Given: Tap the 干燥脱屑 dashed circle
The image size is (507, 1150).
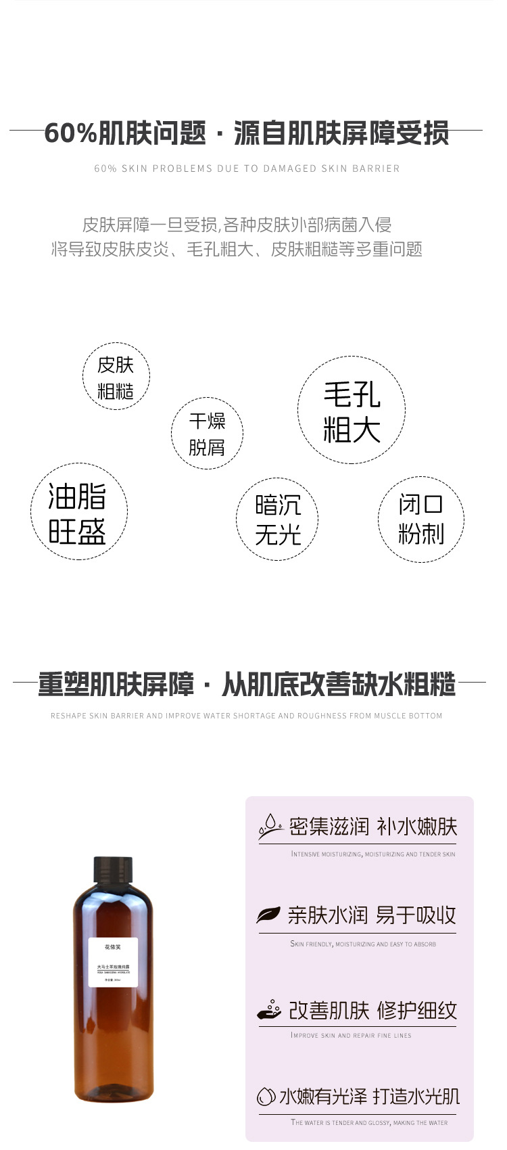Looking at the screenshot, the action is click(x=207, y=433).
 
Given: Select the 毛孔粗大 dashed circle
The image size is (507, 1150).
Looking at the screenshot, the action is click(x=352, y=410).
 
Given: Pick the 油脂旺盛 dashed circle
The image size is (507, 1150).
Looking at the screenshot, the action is click(x=78, y=512).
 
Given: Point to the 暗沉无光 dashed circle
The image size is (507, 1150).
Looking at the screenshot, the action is click(x=277, y=519).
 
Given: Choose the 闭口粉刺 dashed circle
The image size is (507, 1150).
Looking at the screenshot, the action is click(x=420, y=519).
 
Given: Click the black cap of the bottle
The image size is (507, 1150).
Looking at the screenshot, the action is click(x=112, y=869).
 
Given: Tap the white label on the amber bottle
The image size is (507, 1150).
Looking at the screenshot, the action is click(x=113, y=963).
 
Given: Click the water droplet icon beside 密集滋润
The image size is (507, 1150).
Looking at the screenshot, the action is click(x=270, y=825).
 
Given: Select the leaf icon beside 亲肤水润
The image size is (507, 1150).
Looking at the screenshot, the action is click(x=268, y=915).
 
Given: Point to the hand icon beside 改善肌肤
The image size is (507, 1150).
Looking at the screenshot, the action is click(x=269, y=1009).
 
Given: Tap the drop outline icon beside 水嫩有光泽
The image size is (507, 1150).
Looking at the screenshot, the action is click(x=266, y=1097).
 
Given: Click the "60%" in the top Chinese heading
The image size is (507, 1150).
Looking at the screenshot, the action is click(x=70, y=133).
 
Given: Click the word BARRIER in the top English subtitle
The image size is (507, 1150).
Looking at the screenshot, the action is click(x=376, y=168).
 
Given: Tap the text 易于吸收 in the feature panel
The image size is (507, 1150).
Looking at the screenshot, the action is click(x=416, y=915).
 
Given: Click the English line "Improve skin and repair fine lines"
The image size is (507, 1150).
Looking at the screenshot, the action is click(x=351, y=1035).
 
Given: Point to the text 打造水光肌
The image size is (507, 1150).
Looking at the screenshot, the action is click(x=416, y=1096).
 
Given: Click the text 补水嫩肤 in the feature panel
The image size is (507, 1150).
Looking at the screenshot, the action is click(x=416, y=826).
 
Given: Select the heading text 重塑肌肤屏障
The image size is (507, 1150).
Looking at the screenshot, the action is click(x=116, y=685).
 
